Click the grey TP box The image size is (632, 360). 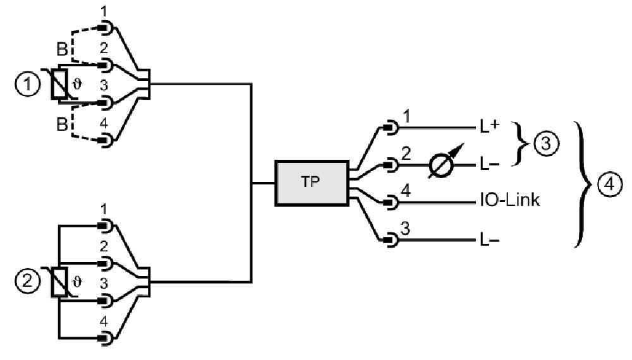(x=312, y=183)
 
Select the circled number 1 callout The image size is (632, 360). (x=28, y=85)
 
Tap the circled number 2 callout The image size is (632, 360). (x=28, y=280)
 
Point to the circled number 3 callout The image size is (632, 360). (x=546, y=143)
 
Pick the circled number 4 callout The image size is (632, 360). (x=609, y=184)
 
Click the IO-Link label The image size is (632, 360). (x=509, y=200)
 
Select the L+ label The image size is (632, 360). (x=490, y=127)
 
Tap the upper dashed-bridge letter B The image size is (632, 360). (x=62, y=49)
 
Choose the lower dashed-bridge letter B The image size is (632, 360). (x=62, y=124)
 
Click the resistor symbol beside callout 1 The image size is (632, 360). (x=59, y=84)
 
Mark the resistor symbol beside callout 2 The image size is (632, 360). (x=59, y=282)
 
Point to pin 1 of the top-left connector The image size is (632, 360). (x=106, y=28)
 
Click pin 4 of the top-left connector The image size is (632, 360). (x=106, y=140)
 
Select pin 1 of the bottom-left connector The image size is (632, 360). (x=106, y=225)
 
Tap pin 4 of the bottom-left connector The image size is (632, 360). (x=106, y=337)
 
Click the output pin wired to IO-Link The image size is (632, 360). (x=390, y=202)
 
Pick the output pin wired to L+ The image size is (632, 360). (x=390, y=128)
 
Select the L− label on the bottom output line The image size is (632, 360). (x=490, y=241)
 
